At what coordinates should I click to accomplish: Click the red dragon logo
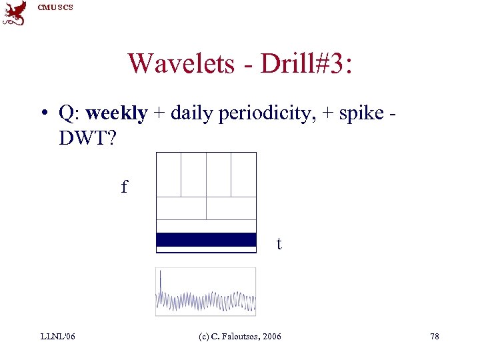coord(15,13)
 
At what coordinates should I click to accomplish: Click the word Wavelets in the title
coord(181,63)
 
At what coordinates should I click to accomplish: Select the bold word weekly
coord(117,113)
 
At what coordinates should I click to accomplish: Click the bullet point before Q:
coord(43,114)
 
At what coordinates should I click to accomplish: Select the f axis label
coord(124,187)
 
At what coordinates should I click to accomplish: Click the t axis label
coord(279,244)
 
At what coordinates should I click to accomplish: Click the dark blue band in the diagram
coord(206,240)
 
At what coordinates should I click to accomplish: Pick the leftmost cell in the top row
coord(169,175)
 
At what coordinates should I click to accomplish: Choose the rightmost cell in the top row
coord(243,175)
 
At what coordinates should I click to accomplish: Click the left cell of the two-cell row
coord(181,208)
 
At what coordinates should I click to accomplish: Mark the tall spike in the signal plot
coord(161,283)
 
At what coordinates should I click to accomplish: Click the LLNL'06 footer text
coord(57,337)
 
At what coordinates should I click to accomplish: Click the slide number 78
coord(434,337)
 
